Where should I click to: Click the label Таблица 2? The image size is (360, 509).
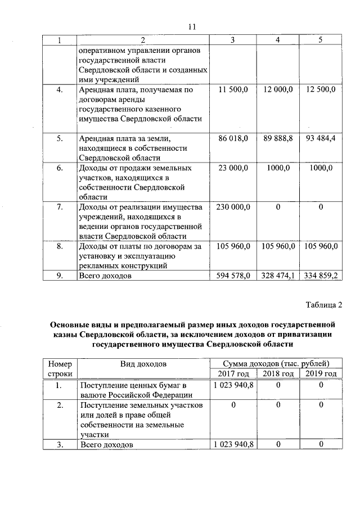click(324, 305)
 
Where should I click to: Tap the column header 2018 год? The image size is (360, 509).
click(278, 374)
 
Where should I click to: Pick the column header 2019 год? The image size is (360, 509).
click(321, 374)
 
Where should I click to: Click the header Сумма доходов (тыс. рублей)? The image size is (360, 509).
click(276, 364)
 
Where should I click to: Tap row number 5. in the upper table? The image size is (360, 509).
click(60, 138)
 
